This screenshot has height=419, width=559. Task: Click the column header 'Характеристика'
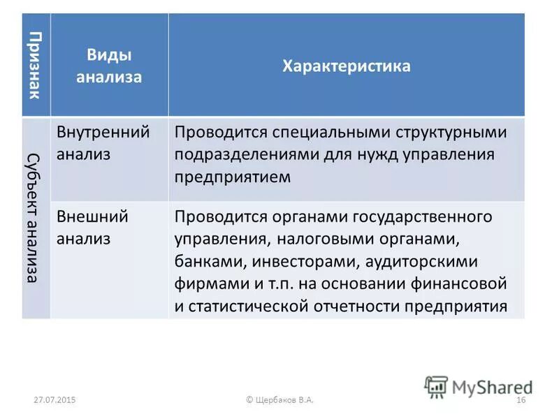click(x=346, y=66)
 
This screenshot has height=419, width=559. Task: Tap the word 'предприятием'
click(x=232, y=177)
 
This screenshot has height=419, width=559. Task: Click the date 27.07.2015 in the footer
click(x=55, y=399)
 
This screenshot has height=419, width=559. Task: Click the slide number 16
click(x=520, y=399)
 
